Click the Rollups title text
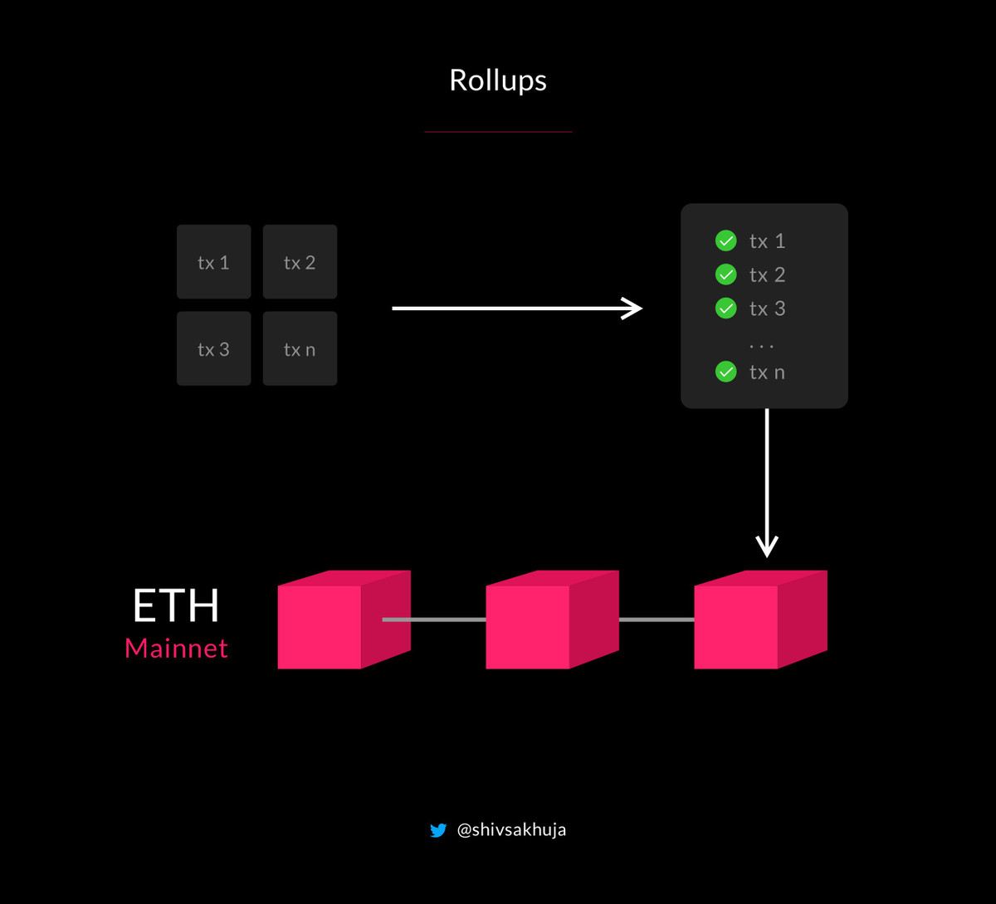(x=498, y=80)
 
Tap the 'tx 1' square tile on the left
(x=213, y=262)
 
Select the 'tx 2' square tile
(x=300, y=262)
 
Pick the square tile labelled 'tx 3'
(x=213, y=349)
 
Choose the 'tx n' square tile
(x=300, y=349)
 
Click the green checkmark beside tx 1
(x=725, y=241)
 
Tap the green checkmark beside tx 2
(x=725, y=275)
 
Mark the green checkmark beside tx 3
(x=725, y=309)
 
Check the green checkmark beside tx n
(x=725, y=372)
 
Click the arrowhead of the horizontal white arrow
(x=635, y=309)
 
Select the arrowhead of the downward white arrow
(x=767, y=547)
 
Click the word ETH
(x=176, y=606)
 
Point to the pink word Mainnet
(x=176, y=649)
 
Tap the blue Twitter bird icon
(x=438, y=830)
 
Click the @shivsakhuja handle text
(x=511, y=830)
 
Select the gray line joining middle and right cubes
(x=657, y=620)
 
